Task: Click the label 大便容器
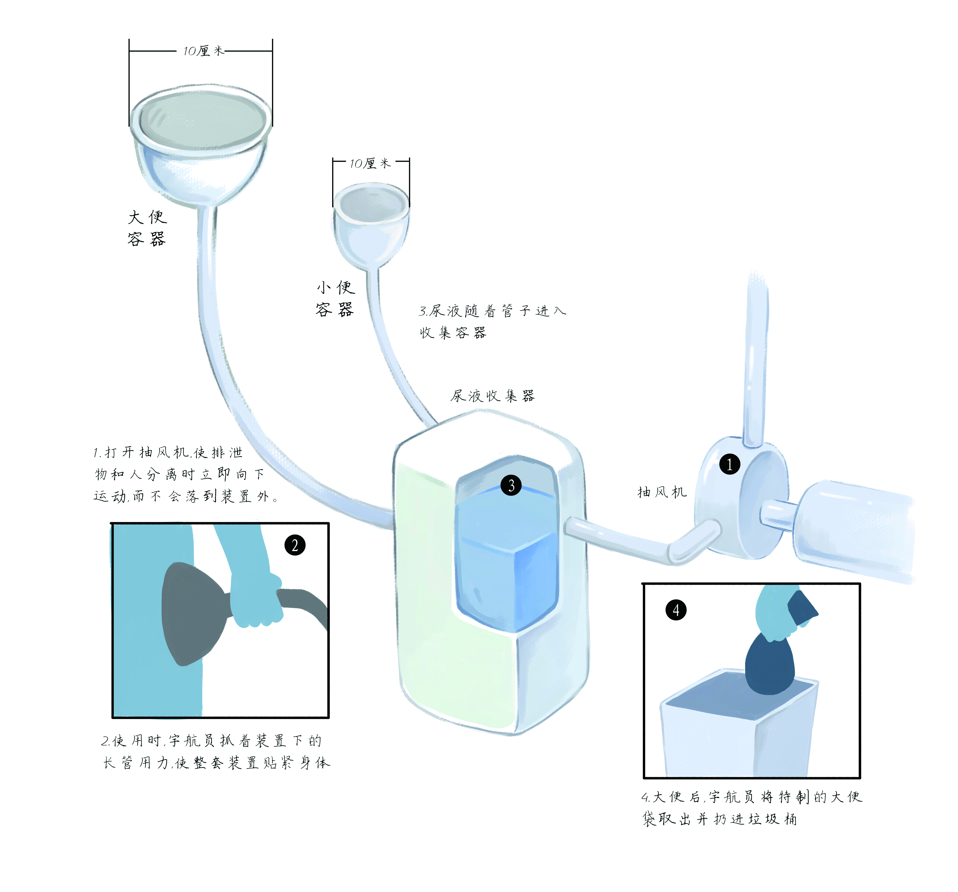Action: [147, 228]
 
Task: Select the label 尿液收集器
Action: [492, 396]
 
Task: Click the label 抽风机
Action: [662, 492]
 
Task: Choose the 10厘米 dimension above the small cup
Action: [370, 163]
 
